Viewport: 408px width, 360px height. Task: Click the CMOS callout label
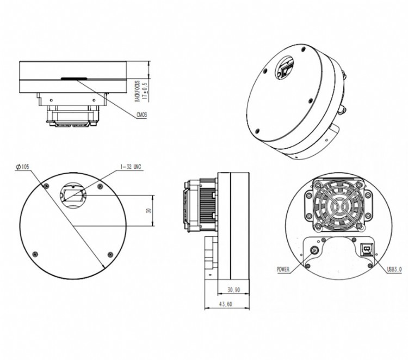coord(141,114)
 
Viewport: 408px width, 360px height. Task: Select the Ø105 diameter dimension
coord(22,167)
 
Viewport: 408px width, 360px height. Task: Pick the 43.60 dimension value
coord(225,304)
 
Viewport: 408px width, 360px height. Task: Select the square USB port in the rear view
coord(367,249)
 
